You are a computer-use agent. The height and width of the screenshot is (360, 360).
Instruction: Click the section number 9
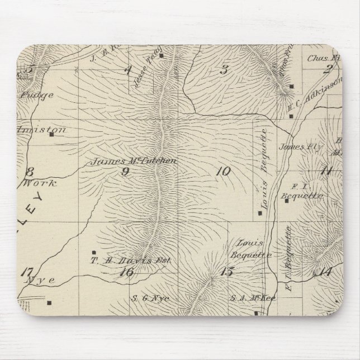(126, 172)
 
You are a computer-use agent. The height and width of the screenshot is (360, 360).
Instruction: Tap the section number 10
(222, 172)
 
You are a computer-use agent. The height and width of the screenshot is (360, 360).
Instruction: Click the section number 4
(128, 70)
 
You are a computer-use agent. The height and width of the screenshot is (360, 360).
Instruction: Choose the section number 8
(30, 172)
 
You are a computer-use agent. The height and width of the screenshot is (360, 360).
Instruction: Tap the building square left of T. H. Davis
(93, 252)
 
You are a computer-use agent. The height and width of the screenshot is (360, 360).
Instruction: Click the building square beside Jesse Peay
(161, 55)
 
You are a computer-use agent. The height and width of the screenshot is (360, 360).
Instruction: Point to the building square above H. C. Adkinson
(292, 87)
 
